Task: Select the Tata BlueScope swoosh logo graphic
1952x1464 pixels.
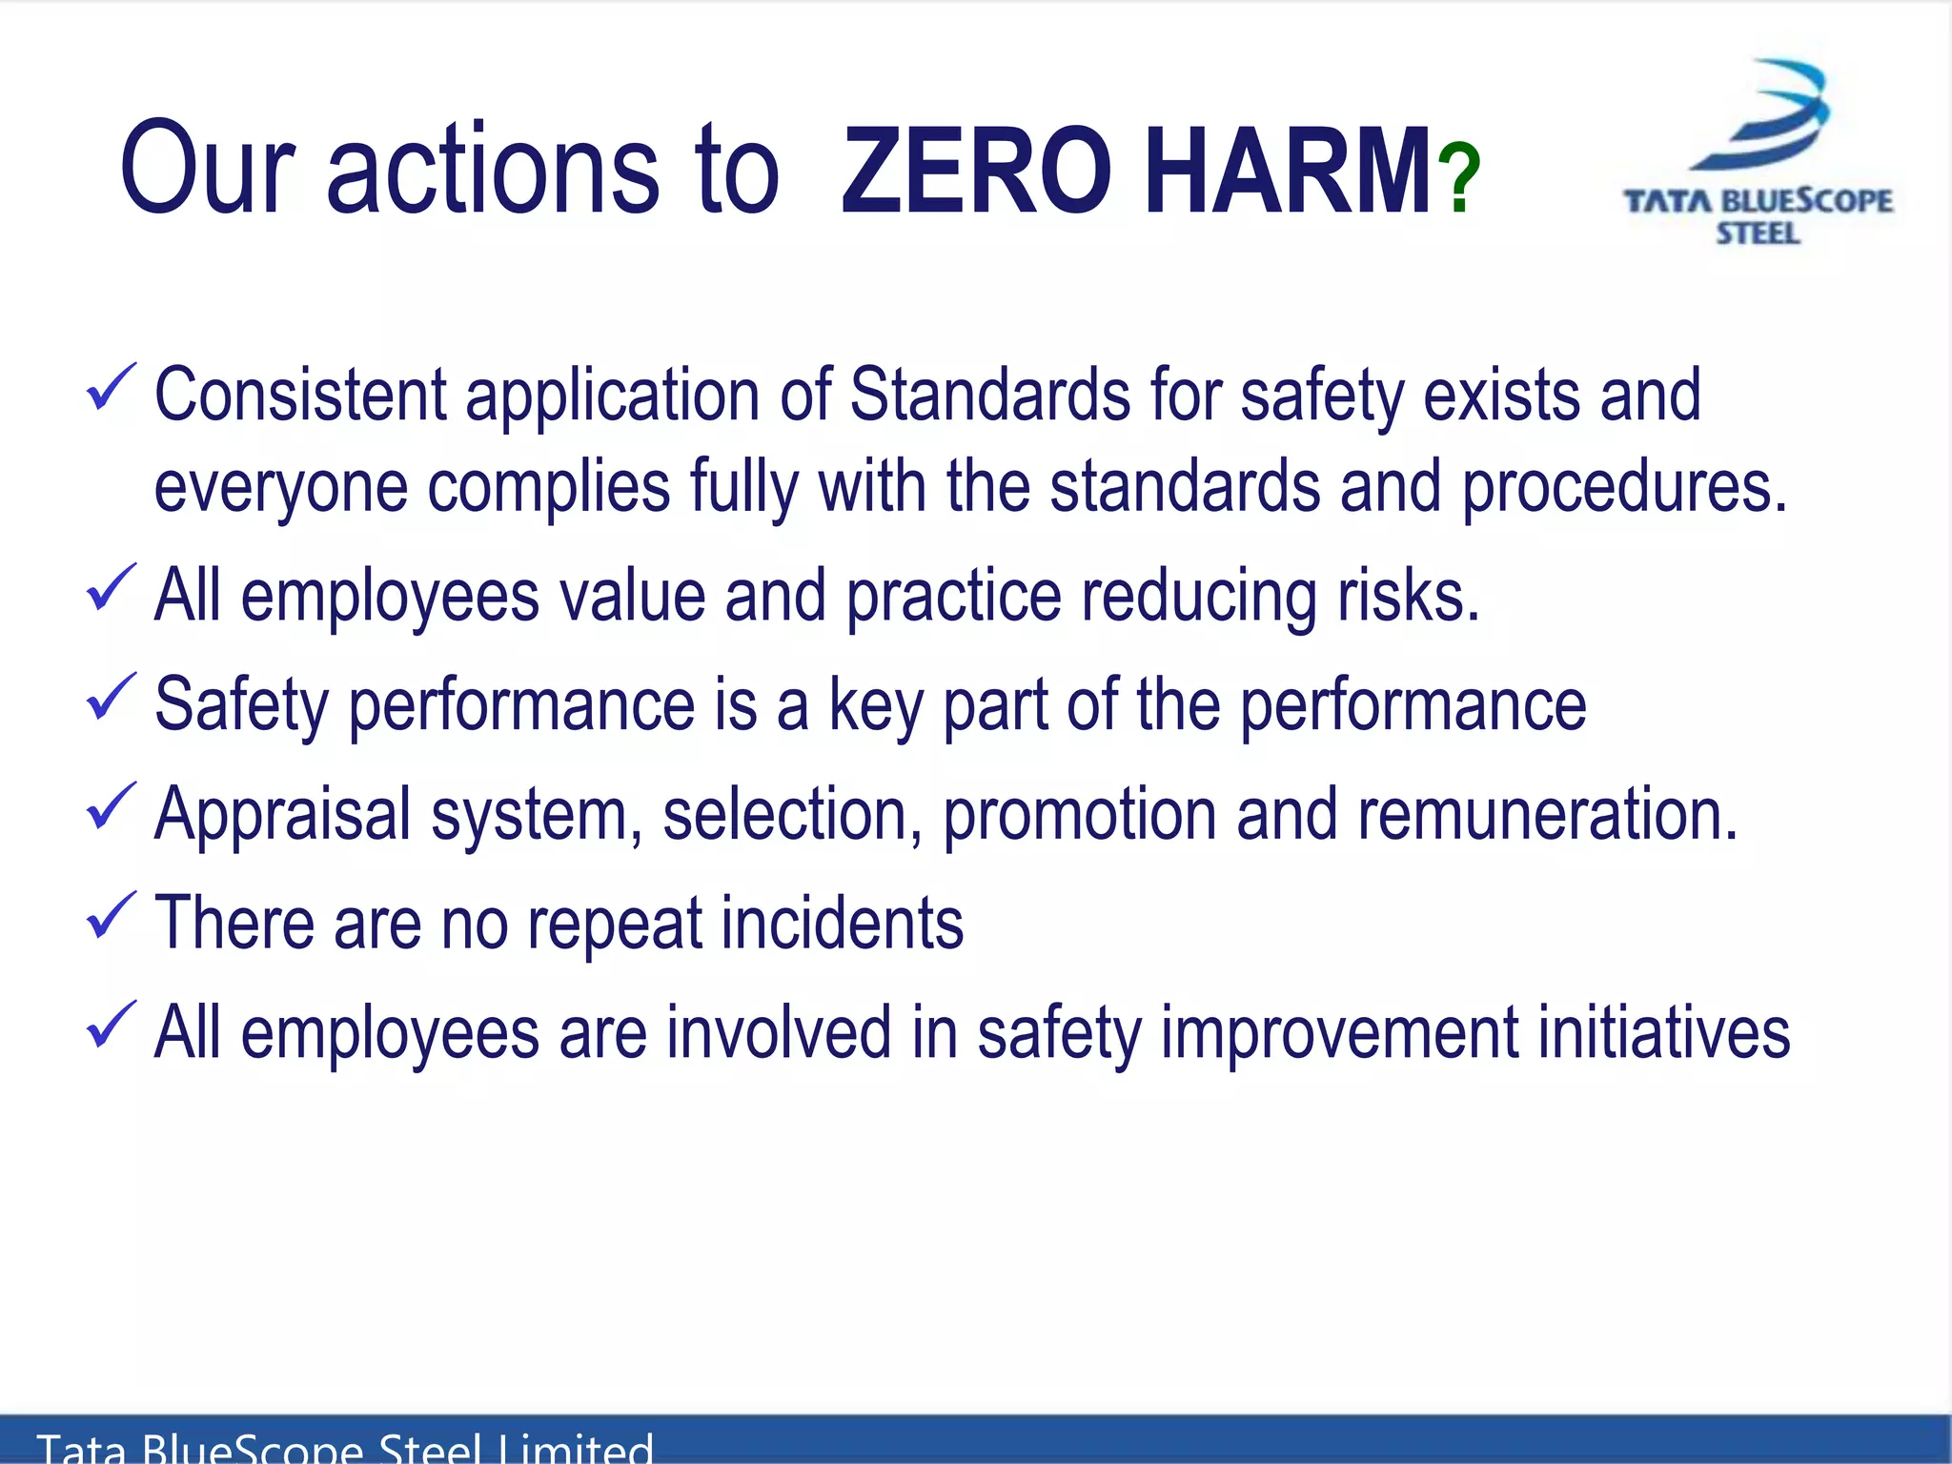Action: pyautogui.click(x=1759, y=114)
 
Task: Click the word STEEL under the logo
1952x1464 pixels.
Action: pyautogui.click(x=1759, y=234)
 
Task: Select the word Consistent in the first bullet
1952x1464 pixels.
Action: pyautogui.click(x=300, y=395)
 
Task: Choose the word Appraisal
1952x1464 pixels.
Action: pyautogui.click(x=282, y=816)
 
